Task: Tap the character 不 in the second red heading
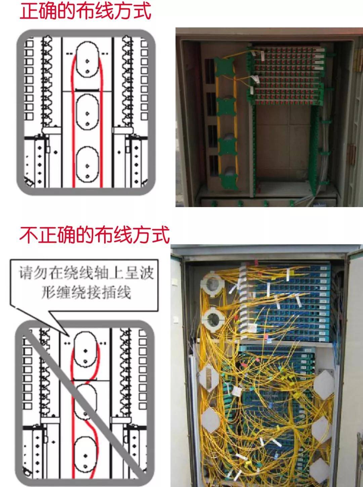pyautogui.click(x=28, y=235)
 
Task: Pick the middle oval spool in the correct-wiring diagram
pyautogui.click(x=87, y=112)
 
